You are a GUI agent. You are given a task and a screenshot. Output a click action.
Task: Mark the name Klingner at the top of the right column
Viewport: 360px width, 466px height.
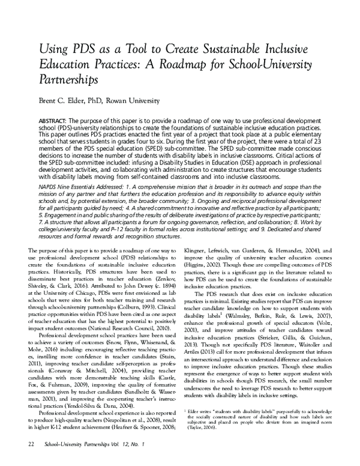click(x=202, y=248)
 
